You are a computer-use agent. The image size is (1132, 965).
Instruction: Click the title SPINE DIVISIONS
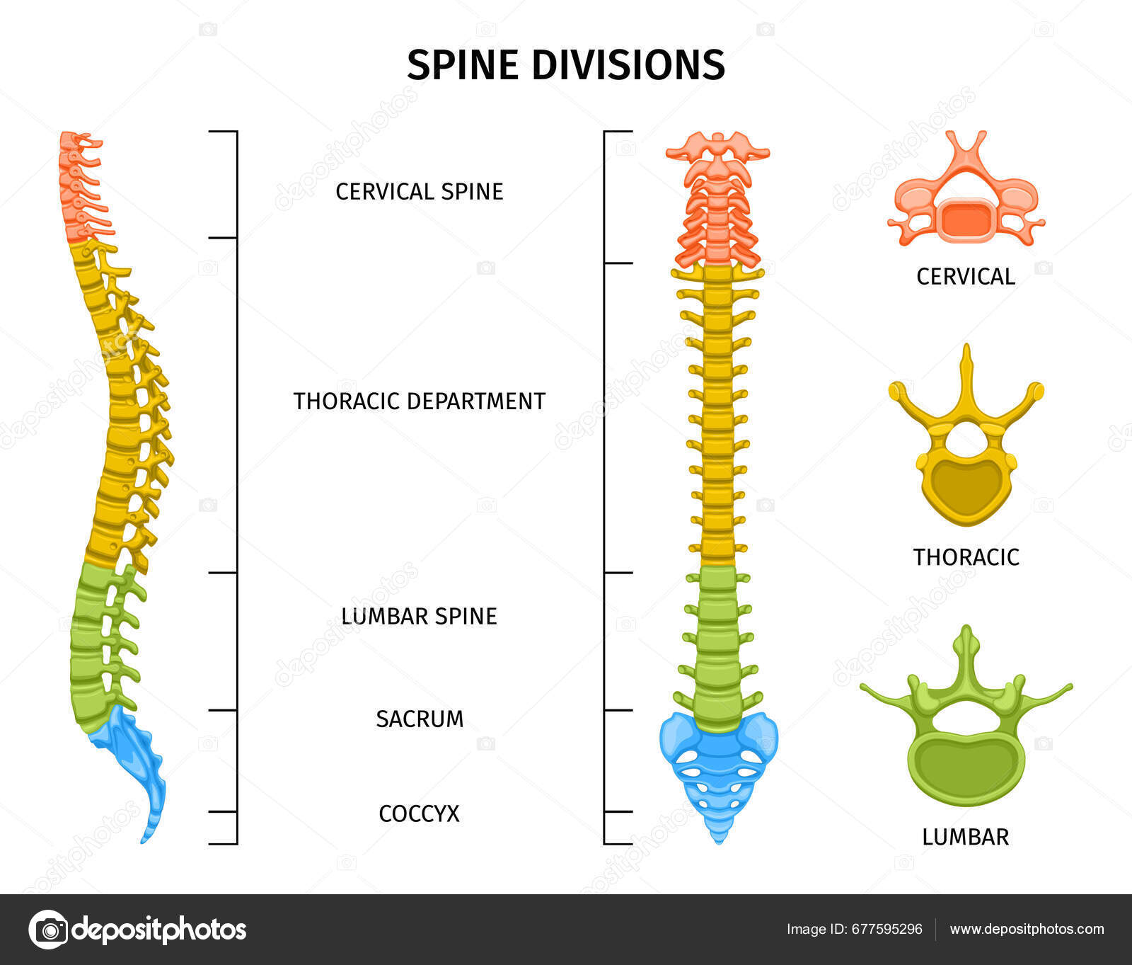[x=565, y=64]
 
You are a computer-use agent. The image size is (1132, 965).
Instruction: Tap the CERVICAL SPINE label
[x=419, y=191]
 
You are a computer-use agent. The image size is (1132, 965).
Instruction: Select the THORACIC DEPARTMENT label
[x=419, y=401]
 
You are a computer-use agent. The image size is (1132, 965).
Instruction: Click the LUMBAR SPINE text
[x=419, y=616]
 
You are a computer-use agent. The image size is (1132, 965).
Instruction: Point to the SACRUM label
[x=419, y=719]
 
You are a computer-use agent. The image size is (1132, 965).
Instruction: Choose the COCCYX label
[x=419, y=813]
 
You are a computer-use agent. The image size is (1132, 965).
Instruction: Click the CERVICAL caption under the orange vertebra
[x=965, y=276]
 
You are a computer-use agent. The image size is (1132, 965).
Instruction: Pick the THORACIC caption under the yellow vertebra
[x=965, y=557]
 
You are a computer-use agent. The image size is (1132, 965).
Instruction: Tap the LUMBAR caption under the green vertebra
[x=965, y=837]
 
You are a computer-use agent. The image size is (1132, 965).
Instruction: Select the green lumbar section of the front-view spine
[x=718, y=644]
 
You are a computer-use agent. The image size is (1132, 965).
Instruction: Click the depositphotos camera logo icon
[x=49, y=929]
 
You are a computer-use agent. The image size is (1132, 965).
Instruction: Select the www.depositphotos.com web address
[x=1027, y=929]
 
